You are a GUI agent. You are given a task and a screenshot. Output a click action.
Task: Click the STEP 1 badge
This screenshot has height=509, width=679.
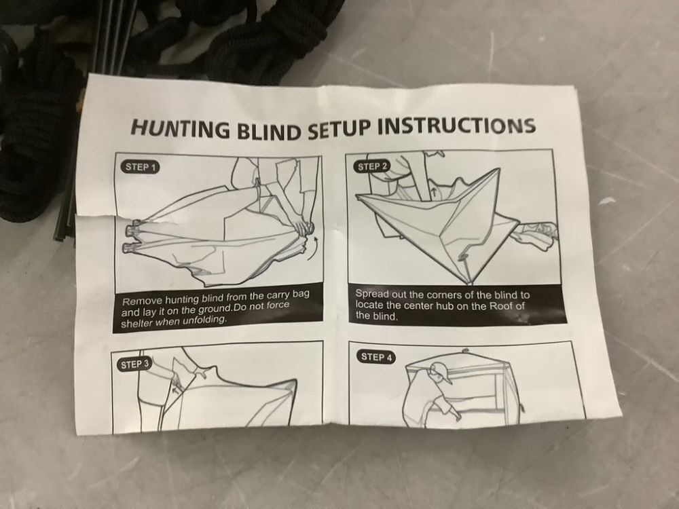(140, 167)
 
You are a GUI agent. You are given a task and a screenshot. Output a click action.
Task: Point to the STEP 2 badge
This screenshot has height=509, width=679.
(373, 166)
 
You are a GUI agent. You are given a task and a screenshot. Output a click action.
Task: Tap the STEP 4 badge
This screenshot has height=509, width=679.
(377, 358)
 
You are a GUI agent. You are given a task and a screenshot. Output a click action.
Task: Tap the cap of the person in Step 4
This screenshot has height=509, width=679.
(441, 373)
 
